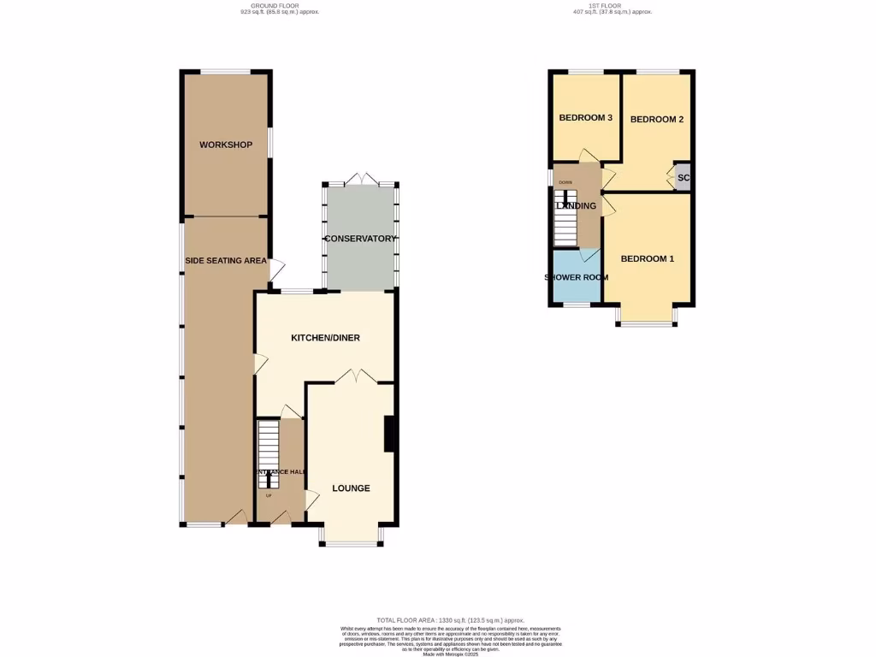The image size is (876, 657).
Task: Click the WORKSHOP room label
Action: point(226,145)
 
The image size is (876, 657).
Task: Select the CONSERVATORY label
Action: point(359,239)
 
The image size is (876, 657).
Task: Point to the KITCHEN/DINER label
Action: point(325,338)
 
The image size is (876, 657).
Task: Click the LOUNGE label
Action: point(351,488)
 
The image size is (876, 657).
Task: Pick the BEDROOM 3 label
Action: point(585,118)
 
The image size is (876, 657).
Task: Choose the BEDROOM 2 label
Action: point(657,120)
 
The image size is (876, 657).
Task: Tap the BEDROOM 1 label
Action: point(648,258)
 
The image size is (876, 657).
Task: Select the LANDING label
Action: point(576,206)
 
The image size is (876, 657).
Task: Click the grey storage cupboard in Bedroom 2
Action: point(682,178)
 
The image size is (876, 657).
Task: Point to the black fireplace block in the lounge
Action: point(389,433)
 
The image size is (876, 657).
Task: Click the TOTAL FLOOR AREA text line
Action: point(450,620)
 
